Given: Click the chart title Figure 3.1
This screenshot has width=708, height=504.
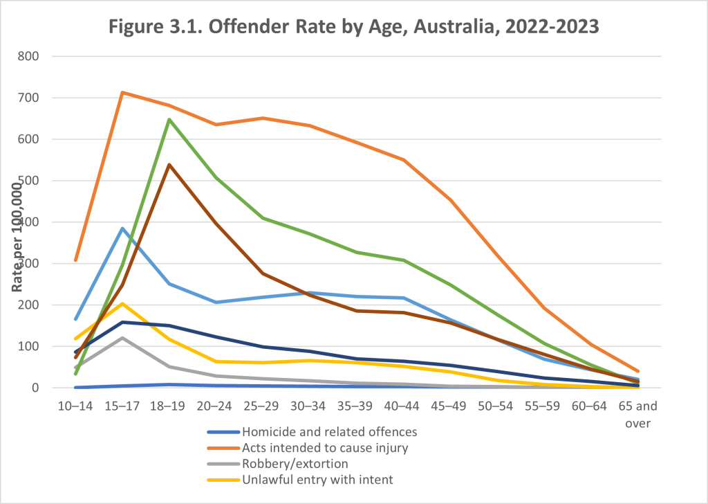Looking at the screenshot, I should click(x=353, y=28).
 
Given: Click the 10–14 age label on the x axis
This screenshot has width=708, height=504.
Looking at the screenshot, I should click(x=75, y=404).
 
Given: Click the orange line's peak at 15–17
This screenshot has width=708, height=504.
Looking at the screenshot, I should click(x=122, y=92).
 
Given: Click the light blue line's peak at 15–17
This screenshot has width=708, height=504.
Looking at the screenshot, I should click(x=122, y=228).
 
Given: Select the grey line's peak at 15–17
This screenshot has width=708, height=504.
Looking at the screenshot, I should click(x=122, y=338).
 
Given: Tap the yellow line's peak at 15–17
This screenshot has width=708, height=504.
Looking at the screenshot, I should click(x=122, y=303).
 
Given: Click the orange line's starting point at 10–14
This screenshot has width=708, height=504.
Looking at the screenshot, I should click(x=75, y=260).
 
